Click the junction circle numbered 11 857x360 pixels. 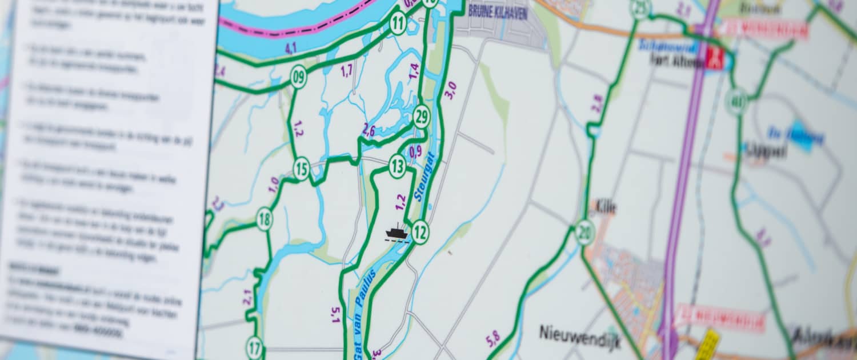click(x=398, y=23)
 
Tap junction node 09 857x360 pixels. click(x=298, y=77)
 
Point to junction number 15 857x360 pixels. click(x=301, y=169)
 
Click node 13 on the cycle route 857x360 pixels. click(x=397, y=166)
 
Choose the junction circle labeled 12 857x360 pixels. click(x=420, y=232)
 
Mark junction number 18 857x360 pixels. click(x=264, y=219)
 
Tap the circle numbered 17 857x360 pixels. click(x=254, y=347)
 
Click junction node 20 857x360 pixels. click(x=584, y=233)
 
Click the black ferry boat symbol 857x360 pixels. click(x=397, y=233)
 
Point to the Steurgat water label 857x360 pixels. click(x=426, y=177)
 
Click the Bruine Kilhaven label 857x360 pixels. click(x=498, y=11)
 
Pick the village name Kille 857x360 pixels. click(x=605, y=207)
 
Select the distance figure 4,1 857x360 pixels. click(x=291, y=48)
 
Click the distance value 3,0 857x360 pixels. click(x=451, y=90)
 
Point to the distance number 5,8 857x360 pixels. click(x=492, y=339)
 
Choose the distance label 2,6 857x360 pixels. click(x=369, y=130)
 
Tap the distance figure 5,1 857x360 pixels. click(x=335, y=314)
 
